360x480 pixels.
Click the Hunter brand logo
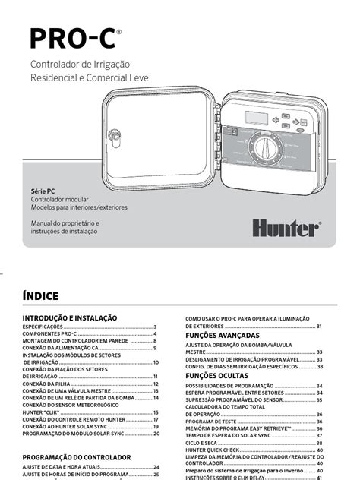(286, 226)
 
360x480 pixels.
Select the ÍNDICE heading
(40, 295)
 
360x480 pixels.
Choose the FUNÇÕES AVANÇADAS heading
(223, 335)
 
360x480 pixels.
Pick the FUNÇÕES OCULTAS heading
(216, 375)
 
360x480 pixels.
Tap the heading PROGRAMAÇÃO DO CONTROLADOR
(77, 457)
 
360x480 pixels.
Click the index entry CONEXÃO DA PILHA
(46, 385)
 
